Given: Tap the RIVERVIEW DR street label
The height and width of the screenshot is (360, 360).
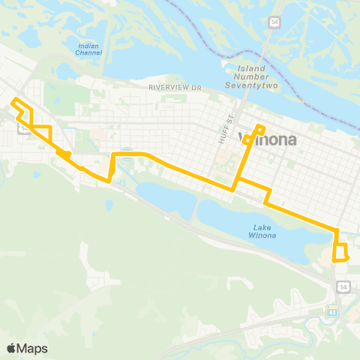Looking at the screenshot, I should pyautogui.click(x=175, y=88).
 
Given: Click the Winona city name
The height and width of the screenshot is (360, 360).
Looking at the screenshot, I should pyautogui.click(x=268, y=139).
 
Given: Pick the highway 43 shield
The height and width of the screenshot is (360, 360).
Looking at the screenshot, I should pyautogui.click(x=331, y=310).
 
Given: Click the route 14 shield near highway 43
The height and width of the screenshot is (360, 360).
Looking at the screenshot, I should pyautogui.click(x=343, y=286).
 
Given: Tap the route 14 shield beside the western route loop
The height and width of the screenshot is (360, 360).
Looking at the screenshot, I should pyautogui.click(x=26, y=127).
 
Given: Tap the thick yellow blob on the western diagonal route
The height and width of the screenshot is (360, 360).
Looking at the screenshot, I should pyautogui.click(x=64, y=154).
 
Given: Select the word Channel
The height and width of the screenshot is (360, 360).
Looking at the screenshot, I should pyautogui.click(x=88, y=53).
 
